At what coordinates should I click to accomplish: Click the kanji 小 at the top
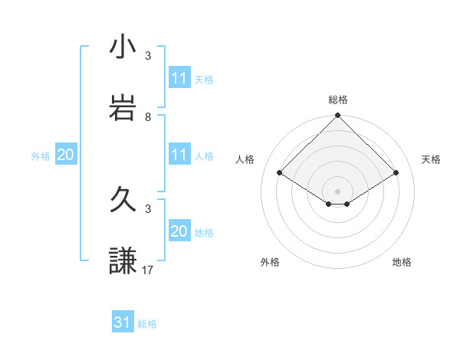(x=118, y=47)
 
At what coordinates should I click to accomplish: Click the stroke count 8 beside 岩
(x=148, y=117)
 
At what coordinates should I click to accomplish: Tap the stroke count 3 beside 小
(x=148, y=56)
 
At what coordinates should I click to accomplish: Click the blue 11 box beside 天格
(x=179, y=78)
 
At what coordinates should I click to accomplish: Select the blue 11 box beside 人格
(x=179, y=155)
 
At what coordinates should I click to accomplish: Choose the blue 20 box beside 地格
(x=179, y=231)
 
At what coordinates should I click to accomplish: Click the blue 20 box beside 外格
(x=65, y=155)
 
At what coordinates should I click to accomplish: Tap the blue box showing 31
(x=122, y=322)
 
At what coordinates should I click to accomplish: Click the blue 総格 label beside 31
(x=147, y=324)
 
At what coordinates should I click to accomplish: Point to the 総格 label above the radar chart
(x=338, y=100)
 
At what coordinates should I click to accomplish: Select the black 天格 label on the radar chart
(x=431, y=159)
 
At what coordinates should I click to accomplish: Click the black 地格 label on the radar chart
(x=402, y=262)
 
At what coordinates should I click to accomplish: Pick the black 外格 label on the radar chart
(x=270, y=262)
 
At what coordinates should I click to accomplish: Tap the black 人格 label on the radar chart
(x=245, y=159)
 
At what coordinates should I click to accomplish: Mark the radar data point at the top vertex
(x=338, y=117)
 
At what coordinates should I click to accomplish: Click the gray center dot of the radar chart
(x=338, y=191)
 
